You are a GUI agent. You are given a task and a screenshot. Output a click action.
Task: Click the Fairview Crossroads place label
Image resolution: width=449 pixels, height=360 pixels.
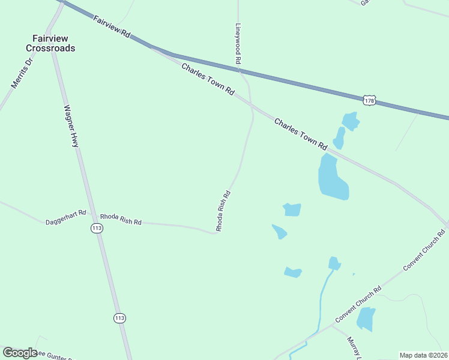click(50, 43)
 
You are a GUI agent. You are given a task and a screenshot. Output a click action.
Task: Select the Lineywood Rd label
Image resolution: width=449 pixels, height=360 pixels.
click(238, 44)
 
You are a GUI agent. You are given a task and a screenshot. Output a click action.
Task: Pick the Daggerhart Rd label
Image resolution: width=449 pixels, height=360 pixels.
click(66, 217)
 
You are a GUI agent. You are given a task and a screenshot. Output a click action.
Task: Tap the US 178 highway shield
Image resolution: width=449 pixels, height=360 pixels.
click(369, 101)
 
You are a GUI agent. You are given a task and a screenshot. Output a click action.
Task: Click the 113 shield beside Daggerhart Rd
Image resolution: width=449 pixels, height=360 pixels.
click(97, 227)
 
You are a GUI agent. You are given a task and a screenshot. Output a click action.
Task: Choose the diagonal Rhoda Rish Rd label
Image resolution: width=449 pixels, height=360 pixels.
click(223, 211)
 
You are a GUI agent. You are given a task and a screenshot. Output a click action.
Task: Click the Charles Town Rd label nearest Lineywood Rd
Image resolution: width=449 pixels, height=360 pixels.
click(208, 80)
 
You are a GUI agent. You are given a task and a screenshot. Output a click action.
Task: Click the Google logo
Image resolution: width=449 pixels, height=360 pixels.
click(20, 353)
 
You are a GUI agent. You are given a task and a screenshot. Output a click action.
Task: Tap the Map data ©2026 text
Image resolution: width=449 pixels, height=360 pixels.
click(423, 355)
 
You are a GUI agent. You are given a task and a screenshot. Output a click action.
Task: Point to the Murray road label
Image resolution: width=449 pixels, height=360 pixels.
click(352, 349)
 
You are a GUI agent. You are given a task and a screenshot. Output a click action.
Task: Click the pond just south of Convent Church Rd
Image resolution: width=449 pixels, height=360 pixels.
click(366, 319)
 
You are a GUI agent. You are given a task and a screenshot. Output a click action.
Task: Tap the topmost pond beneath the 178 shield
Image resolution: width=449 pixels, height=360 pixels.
click(350, 121)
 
